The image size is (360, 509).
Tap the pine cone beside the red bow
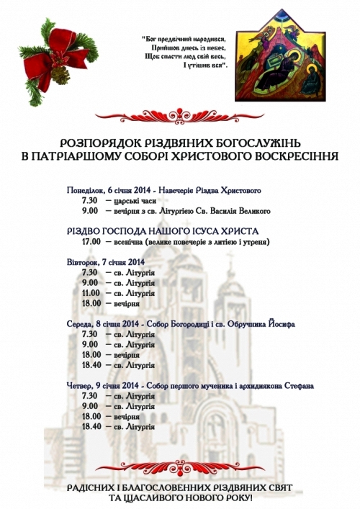point(63,74)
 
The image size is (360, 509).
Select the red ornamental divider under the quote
point(180,113)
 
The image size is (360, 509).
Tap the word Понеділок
point(86,190)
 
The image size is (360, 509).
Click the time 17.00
point(91,243)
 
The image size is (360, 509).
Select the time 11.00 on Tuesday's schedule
point(91,294)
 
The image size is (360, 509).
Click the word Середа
point(79,323)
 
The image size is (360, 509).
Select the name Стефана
point(297,386)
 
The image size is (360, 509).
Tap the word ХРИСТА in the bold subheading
point(235,230)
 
